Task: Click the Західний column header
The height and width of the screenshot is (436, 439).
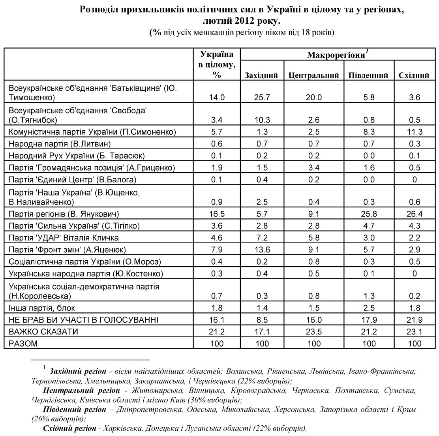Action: click(x=261, y=75)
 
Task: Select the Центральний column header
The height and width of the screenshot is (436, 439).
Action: click(x=314, y=75)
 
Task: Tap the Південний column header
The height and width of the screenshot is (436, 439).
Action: click(x=368, y=75)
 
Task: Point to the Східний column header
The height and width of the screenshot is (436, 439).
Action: click(x=414, y=75)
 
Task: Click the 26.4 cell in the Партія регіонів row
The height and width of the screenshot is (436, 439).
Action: click(x=415, y=214)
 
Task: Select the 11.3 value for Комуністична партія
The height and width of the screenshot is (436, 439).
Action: click(x=415, y=132)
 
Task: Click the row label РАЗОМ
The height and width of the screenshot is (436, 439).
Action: click(x=23, y=344)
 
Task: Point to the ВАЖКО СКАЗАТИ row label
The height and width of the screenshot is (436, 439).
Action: click(x=43, y=332)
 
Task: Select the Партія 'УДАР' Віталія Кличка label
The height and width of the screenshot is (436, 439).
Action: click(x=64, y=238)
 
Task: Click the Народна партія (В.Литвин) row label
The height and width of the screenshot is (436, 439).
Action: click(x=60, y=144)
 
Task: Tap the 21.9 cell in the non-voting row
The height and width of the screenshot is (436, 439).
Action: click(x=415, y=320)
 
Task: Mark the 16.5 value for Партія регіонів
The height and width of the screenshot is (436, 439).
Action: click(x=216, y=214)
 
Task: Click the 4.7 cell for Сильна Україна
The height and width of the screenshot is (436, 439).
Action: click(x=369, y=226)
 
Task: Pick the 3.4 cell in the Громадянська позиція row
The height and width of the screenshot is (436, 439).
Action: click(x=314, y=167)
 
